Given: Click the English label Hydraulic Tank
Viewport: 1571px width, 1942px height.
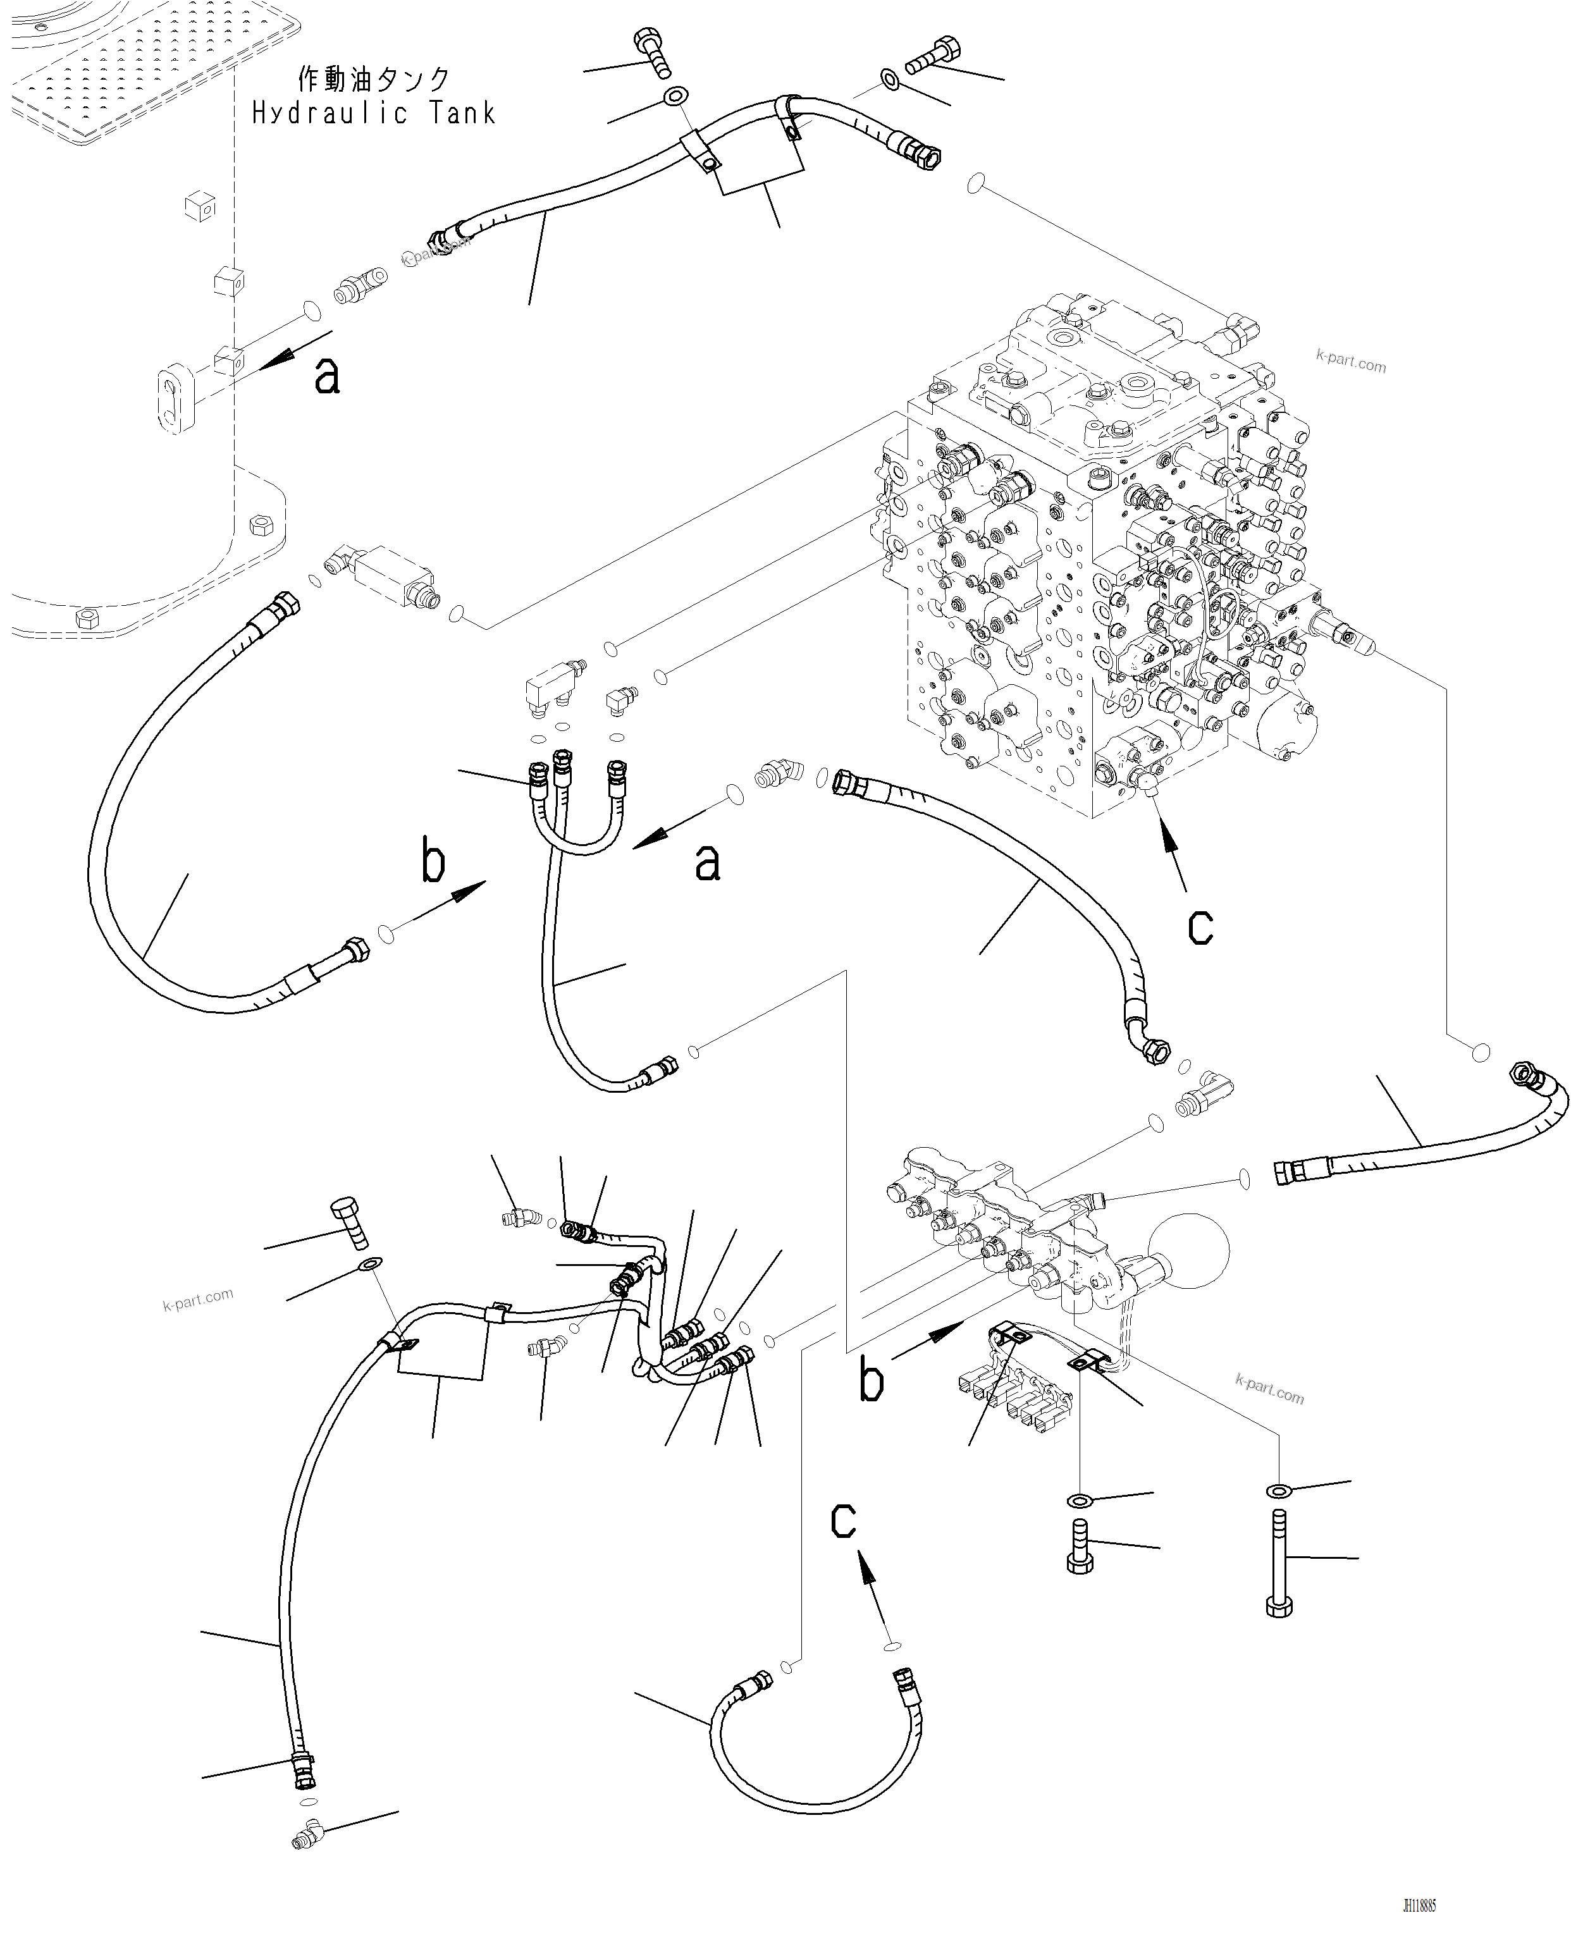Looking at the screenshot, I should click(x=373, y=113).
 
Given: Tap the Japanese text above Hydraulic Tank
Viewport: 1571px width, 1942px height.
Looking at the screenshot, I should click(x=373, y=80).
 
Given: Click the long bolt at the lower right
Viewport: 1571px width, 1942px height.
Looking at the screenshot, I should click(x=1279, y=1561).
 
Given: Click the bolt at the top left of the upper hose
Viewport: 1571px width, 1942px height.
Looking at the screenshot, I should click(x=655, y=53).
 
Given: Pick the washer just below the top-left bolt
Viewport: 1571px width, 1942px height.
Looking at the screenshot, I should click(x=674, y=96).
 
